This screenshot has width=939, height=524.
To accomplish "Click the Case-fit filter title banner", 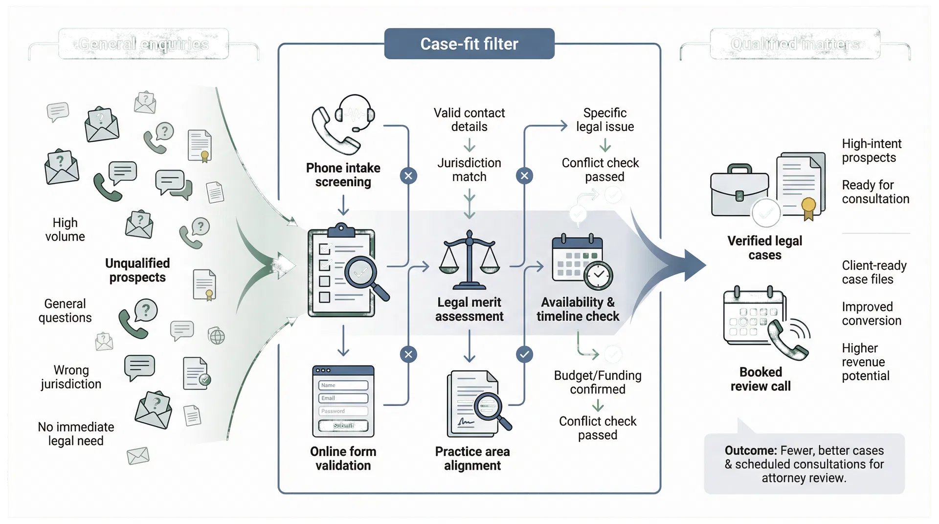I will [469, 44].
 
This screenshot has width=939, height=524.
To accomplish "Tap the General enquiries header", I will [143, 44].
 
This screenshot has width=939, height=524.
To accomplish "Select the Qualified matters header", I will [795, 44].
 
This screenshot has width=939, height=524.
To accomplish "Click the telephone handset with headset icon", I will [342, 125].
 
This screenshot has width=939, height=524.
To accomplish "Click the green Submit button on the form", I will [343, 426].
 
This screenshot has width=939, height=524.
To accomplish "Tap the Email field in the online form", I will [343, 398].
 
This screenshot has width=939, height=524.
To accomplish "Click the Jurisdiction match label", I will [469, 170].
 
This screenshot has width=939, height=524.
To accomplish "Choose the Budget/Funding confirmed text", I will [598, 382].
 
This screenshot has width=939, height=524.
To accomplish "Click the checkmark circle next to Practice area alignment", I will [525, 354].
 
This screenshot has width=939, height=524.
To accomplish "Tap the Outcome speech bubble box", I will [804, 463].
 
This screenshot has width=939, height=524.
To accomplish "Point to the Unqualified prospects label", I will [137, 270].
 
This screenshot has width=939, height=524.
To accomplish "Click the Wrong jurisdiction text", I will [71, 377].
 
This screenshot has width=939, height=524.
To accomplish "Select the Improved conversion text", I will [871, 314].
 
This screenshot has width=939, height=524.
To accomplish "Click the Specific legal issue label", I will [604, 120].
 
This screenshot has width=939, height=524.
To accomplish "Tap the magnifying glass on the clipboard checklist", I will [362, 273].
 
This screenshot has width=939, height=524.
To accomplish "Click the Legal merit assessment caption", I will [469, 309].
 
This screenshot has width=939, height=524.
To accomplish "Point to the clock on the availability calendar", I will [599, 276].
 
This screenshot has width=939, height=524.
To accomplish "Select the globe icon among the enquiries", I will [216, 336].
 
